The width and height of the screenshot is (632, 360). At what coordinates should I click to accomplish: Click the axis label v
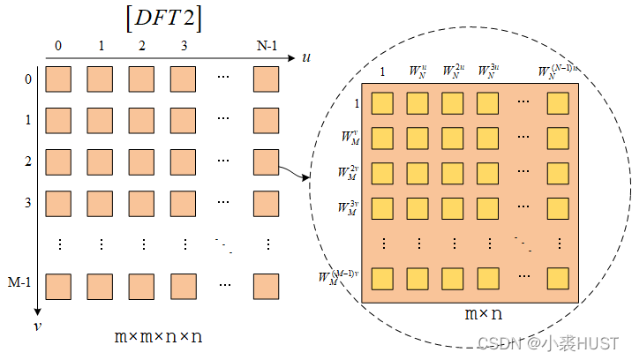pyautogui.click(x=36, y=326)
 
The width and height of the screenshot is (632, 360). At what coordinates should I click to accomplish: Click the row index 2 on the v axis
pyautogui.click(x=27, y=161)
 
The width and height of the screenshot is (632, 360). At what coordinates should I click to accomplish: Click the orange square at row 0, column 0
pyautogui.click(x=59, y=80)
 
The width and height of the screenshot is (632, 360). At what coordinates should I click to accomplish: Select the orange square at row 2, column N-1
pyautogui.click(x=266, y=162)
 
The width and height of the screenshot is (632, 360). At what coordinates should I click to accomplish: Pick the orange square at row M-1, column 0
pyautogui.click(x=59, y=286)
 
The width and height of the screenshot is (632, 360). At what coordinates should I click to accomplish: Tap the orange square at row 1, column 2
pyautogui.click(x=142, y=121)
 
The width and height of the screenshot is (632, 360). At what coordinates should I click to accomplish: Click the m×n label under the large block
pyautogui.click(x=484, y=313)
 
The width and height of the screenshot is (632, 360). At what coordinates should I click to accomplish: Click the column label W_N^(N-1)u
pyautogui.click(x=559, y=71)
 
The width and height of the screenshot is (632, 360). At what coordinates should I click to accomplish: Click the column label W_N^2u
pyautogui.click(x=453, y=71)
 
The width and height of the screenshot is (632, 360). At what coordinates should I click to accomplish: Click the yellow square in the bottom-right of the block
pyautogui.click(x=559, y=278)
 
